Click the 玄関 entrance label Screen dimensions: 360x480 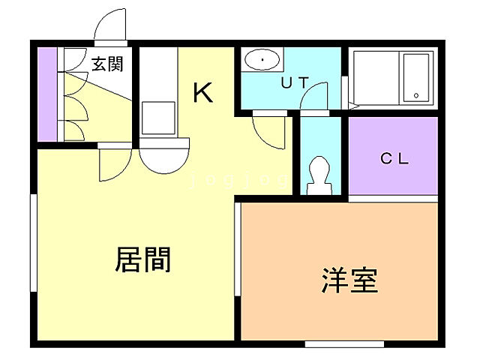coord(107,64)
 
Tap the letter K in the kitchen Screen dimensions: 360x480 coord(203,92)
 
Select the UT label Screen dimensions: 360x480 coord(294,83)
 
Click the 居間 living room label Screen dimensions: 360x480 coord(142,259)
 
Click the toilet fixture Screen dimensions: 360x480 coord(319,175)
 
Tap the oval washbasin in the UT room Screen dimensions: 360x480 coord(262,59)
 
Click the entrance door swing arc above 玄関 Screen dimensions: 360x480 coord(111,26)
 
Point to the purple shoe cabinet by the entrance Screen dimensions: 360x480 coord(46,94)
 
